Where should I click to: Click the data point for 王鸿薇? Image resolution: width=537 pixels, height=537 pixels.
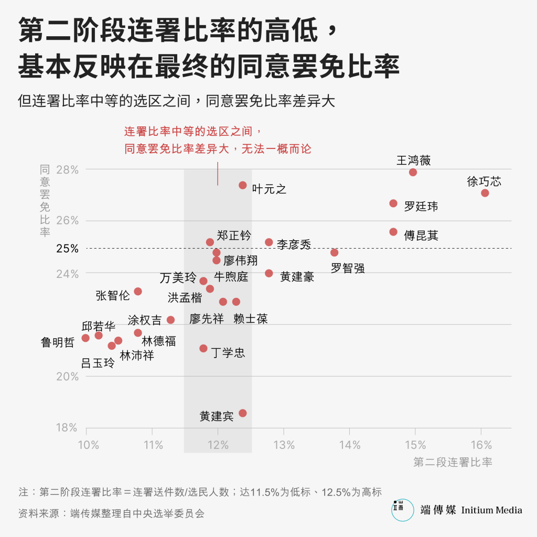pyautogui.click(x=413, y=172)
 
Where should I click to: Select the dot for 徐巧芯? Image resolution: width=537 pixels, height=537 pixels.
pyautogui.click(x=485, y=193)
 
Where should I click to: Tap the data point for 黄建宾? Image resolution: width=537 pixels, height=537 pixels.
pyautogui.click(x=242, y=413)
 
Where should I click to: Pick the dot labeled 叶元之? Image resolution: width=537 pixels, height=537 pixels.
pyautogui.click(x=242, y=185)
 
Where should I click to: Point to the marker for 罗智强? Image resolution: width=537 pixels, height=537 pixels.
pyautogui.click(x=334, y=252)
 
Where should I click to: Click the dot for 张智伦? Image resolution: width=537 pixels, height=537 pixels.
pyautogui.click(x=138, y=291)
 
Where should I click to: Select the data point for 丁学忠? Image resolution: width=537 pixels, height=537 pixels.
pyautogui.click(x=203, y=348)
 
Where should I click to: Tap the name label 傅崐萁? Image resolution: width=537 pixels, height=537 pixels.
pyautogui.click(x=421, y=235)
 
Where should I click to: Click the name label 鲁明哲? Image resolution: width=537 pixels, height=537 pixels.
pyautogui.click(x=58, y=343)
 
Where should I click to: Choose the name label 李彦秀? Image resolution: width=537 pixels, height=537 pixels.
pyautogui.click(x=294, y=244)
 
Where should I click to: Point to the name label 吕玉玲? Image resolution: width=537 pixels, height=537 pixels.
pyautogui.click(x=98, y=363)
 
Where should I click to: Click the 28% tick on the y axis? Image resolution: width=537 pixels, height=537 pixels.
pyautogui.click(x=67, y=169)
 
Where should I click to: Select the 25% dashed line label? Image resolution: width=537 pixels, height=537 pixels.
pyautogui.click(x=67, y=248)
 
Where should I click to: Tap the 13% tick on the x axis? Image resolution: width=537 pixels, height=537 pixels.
pyautogui.click(x=284, y=446)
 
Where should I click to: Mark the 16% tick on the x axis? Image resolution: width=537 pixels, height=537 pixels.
pyautogui.click(x=481, y=446)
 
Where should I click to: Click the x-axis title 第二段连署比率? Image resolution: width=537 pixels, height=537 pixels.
pyautogui.click(x=453, y=463)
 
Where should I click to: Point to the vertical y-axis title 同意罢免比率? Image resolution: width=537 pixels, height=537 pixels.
pyautogui.click(x=45, y=200)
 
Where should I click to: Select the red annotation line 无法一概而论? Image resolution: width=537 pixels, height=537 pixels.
pyautogui.click(x=218, y=149)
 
